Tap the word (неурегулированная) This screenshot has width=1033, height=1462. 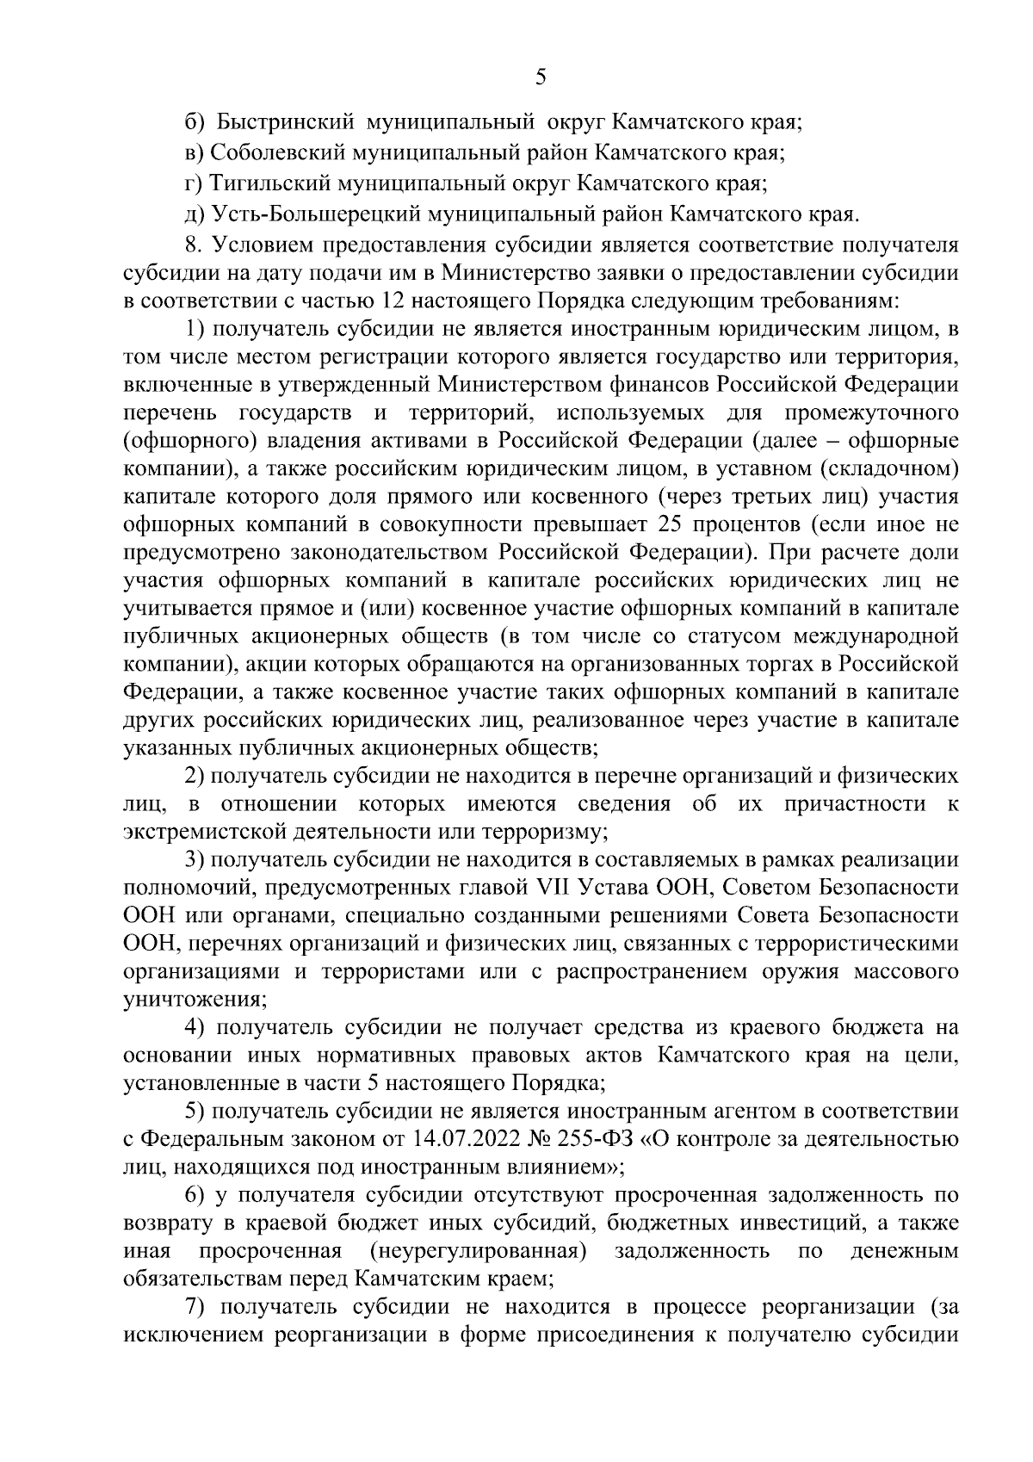pos(479,1251)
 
